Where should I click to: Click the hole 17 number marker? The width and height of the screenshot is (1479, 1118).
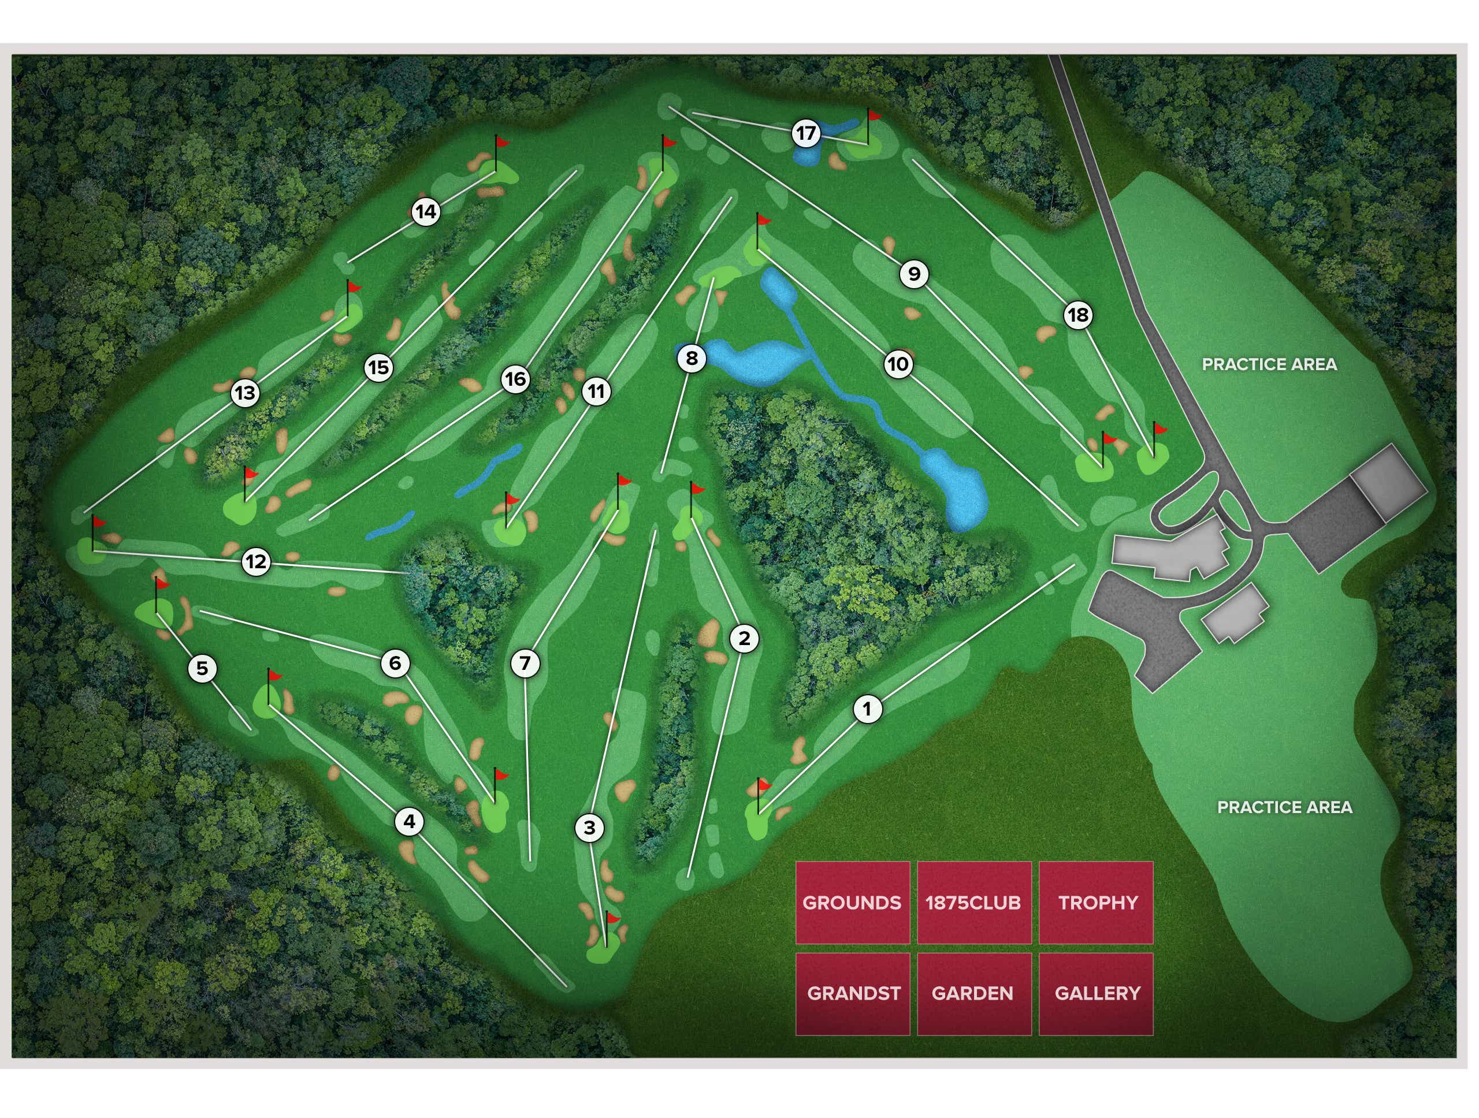click(806, 133)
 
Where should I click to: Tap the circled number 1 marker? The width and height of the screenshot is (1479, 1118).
click(867, 709)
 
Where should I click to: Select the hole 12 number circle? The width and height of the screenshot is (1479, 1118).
click(256, 561)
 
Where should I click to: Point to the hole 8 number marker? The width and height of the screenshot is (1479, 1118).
click(692, 358)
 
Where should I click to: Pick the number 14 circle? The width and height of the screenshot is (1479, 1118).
click(426, 212)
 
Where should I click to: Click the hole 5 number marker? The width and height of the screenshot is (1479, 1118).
click(202, 668)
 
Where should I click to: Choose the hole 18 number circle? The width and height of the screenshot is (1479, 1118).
click(1078, 315)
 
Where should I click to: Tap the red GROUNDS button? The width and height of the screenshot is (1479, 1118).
click(853, 903)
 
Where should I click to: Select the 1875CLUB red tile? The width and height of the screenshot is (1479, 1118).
click(973, 903)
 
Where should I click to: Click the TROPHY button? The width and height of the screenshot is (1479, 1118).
click(1097, 903)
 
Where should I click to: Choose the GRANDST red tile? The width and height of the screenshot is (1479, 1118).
click(853, 994)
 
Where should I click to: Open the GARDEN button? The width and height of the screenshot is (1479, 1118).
click(973, 994)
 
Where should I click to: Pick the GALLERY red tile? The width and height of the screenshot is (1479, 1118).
click(1097, 994)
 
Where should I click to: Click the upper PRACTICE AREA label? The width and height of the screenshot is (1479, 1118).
click(1269, 364)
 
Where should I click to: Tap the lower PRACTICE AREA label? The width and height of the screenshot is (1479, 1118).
click(1284, 807)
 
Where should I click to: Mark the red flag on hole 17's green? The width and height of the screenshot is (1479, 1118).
click(874, 115)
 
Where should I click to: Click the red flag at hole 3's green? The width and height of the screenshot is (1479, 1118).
click(612, 918)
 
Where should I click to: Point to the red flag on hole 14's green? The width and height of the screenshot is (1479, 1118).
click(501, 141)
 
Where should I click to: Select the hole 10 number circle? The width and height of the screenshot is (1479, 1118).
click(898, 364)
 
